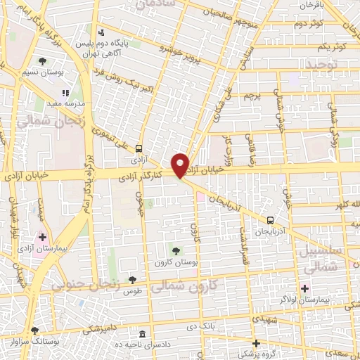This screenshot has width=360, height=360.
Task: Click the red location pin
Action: (x=181, y=165)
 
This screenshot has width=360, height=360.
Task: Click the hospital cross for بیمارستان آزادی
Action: (x=43, y=237)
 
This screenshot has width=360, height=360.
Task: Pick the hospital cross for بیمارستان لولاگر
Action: (x=304, y=288)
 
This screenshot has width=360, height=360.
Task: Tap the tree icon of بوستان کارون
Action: (x=175, y=250)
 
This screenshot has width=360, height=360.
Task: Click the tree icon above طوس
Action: (x=132, y=280)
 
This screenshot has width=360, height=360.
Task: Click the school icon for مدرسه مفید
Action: (x=65, y=92)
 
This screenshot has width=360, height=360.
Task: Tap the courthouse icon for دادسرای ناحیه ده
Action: (x=143, y=333)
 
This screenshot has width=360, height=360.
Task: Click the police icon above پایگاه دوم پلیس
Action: (x=102, y=32)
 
